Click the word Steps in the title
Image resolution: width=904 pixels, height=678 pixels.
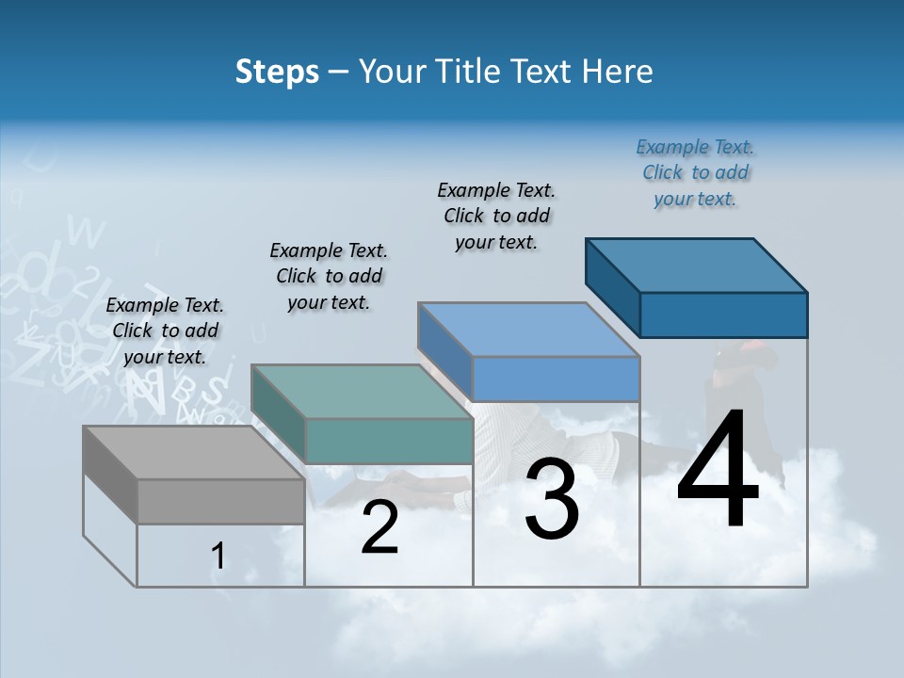point(277,72)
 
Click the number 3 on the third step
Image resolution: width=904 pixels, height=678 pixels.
point(552,498)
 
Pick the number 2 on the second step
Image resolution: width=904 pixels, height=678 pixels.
point(379,528)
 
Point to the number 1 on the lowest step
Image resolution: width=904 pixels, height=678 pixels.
point(218,556)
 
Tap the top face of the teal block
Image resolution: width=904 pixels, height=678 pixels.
point(363,392)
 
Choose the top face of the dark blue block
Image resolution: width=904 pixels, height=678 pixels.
point(697,265)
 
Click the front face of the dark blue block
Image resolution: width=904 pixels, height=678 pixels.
point(723,315)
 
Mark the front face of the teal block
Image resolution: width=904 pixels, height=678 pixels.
point(390,441)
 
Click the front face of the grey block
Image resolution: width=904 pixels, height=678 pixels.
point(221,501)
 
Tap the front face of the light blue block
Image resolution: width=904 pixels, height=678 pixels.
point(556,379)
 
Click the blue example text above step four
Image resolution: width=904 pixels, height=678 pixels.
point(695,173)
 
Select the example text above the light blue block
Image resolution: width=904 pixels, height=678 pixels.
point(496,216)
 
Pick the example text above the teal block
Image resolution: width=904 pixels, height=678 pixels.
point(329,276)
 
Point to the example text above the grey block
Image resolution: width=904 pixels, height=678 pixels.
point(165,331)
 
